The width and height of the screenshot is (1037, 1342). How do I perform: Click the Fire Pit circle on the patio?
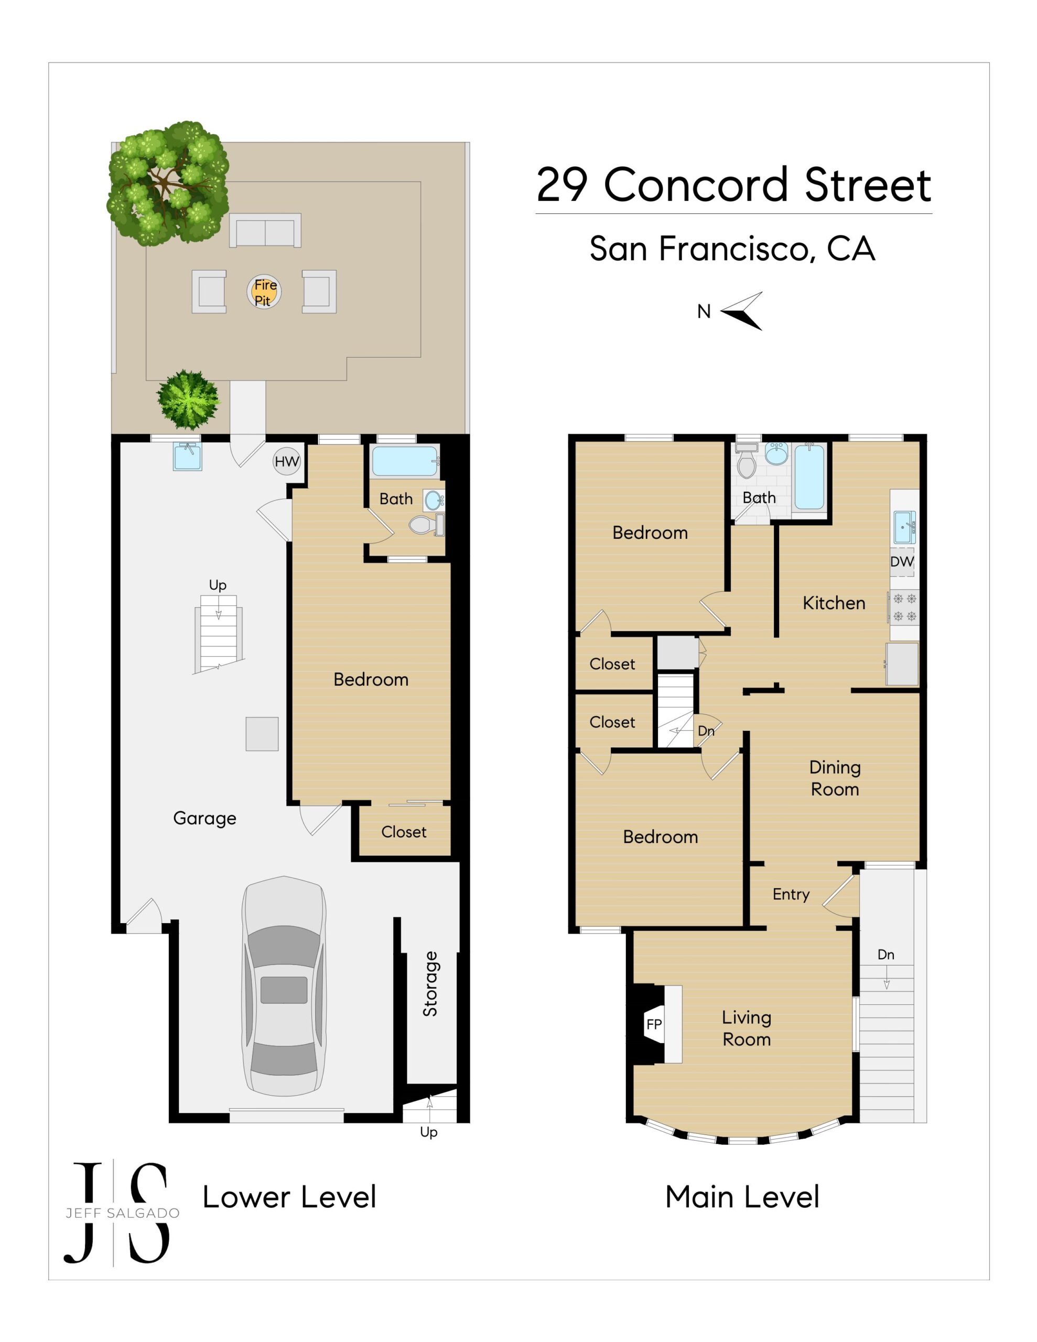tap(264, 292)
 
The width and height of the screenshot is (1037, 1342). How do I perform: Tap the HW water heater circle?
tap(286, 461)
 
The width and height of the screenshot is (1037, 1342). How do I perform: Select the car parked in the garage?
tap(284, 987)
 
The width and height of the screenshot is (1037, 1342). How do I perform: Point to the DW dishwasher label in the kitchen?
tap(902, 561)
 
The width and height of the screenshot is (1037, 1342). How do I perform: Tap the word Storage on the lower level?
tap(430, 984)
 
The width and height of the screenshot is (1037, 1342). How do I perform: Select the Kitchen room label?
tap(834, 603)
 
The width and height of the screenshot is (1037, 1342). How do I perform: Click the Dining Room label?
tap(834, 778)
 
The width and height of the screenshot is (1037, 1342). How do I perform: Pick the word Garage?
tap(204, 818)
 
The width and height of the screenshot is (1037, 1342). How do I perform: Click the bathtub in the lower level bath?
tap(405, 461)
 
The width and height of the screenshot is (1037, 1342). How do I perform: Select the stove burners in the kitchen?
tap(904, 607)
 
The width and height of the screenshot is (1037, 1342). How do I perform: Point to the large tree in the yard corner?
tap(167, 183)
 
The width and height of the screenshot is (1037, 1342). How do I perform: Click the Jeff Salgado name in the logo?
tap(123, 1213)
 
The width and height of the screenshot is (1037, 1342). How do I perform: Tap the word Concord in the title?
tap(696, 185)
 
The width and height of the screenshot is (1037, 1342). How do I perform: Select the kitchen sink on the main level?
tap(904, 527)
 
